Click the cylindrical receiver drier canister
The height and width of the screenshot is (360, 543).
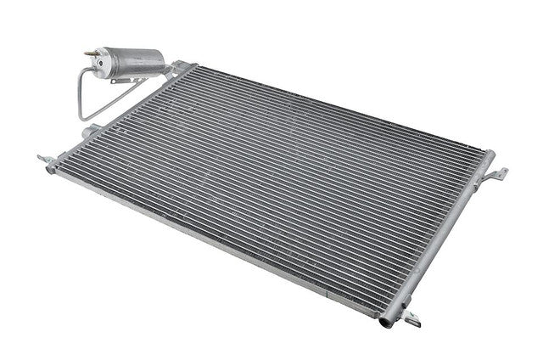tap(127, 63)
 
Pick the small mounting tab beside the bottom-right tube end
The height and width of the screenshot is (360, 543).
tap(414, 321)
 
